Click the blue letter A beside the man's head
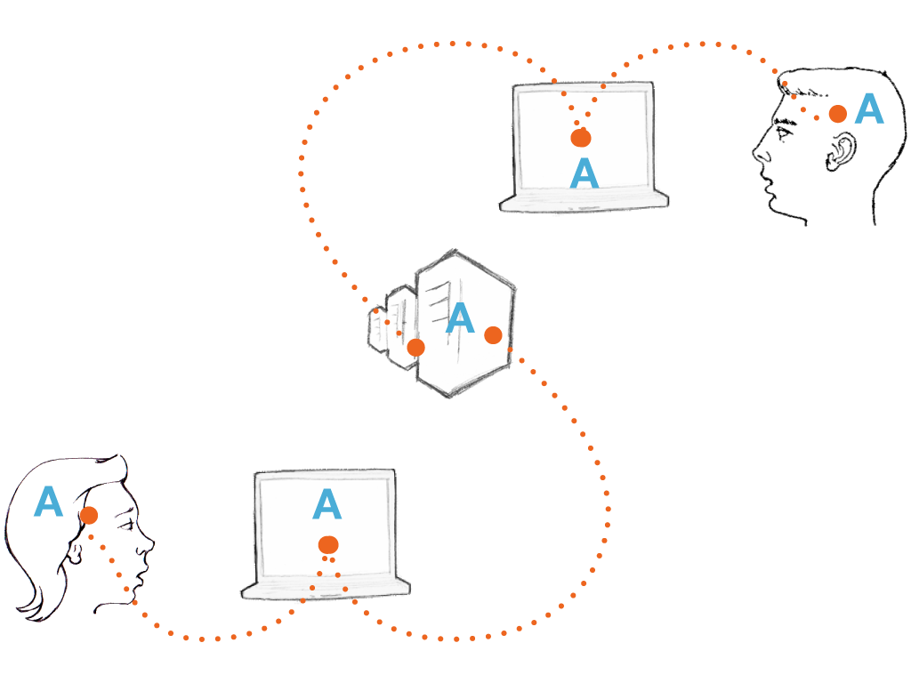pos(869,109)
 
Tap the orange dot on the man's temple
pos(837,114)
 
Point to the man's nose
pos(758,155)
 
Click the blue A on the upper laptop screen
pos(584,173)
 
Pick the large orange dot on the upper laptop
pos(581,138)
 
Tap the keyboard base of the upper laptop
pos(584,202)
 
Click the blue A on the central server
pos(459,317)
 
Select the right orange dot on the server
pos(493,335)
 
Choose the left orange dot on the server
pos(415,348)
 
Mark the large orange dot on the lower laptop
pos(328,544)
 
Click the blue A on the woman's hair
pos(48,502)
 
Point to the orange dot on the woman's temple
pos(88,515)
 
